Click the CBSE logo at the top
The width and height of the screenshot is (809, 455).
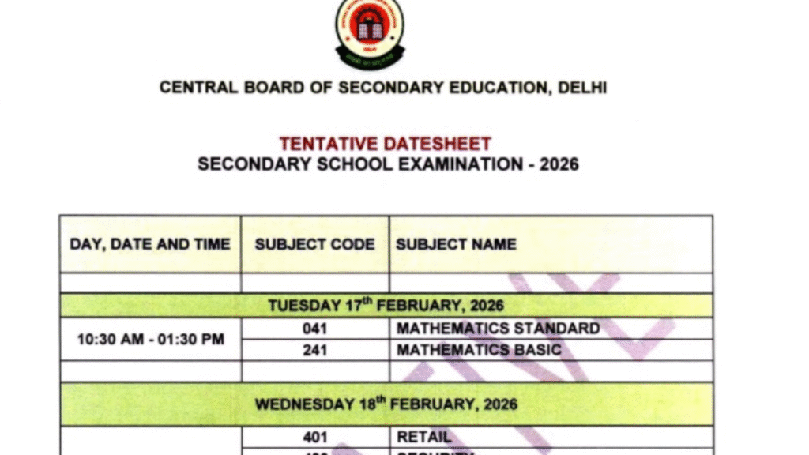click(x=369, y=32)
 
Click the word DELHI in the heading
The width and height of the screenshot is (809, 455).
click(x=582, y=88)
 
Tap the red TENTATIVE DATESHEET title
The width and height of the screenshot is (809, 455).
click(x=385, y=144)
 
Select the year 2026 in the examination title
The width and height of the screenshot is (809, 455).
click(x=559, y=164)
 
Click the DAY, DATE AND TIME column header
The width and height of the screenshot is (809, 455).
click(x=150, y=244)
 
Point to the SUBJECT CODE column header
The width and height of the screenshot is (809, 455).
click(x=314, y=244)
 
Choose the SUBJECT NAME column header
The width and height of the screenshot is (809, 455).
click(x=456, y=244)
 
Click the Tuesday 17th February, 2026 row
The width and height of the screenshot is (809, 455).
click(x=386, y=306)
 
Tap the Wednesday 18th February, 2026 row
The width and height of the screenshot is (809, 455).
click(x=386, y=404)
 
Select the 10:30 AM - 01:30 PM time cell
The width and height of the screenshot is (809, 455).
click(x=150, y=340)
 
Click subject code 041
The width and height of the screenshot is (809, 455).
click(x=314, y=329)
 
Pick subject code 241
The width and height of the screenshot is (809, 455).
click(x=314, y=350)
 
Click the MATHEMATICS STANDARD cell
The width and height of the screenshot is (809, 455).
click(x=498, y=329)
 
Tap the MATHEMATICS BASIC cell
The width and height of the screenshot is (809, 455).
click(x=479, y=350)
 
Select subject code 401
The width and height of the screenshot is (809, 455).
click(x=314, y=437)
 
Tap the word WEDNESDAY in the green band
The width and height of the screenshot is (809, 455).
click(x=304, y=404)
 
